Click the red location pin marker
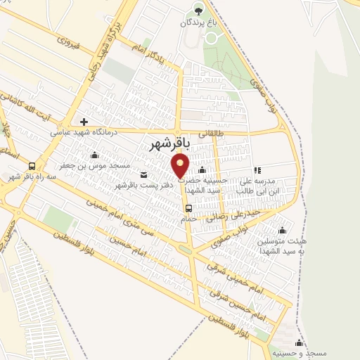pos(181,166)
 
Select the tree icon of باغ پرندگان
pos(198,10)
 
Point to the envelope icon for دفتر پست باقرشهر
pos(144,174)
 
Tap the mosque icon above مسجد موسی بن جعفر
pos(95,155)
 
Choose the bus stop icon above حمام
pos(188,208)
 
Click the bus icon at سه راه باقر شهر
pos(32,166)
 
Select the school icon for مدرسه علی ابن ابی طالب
pos(257,170)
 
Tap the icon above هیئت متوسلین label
pos(282,230)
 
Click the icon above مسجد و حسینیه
pos(299,342)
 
